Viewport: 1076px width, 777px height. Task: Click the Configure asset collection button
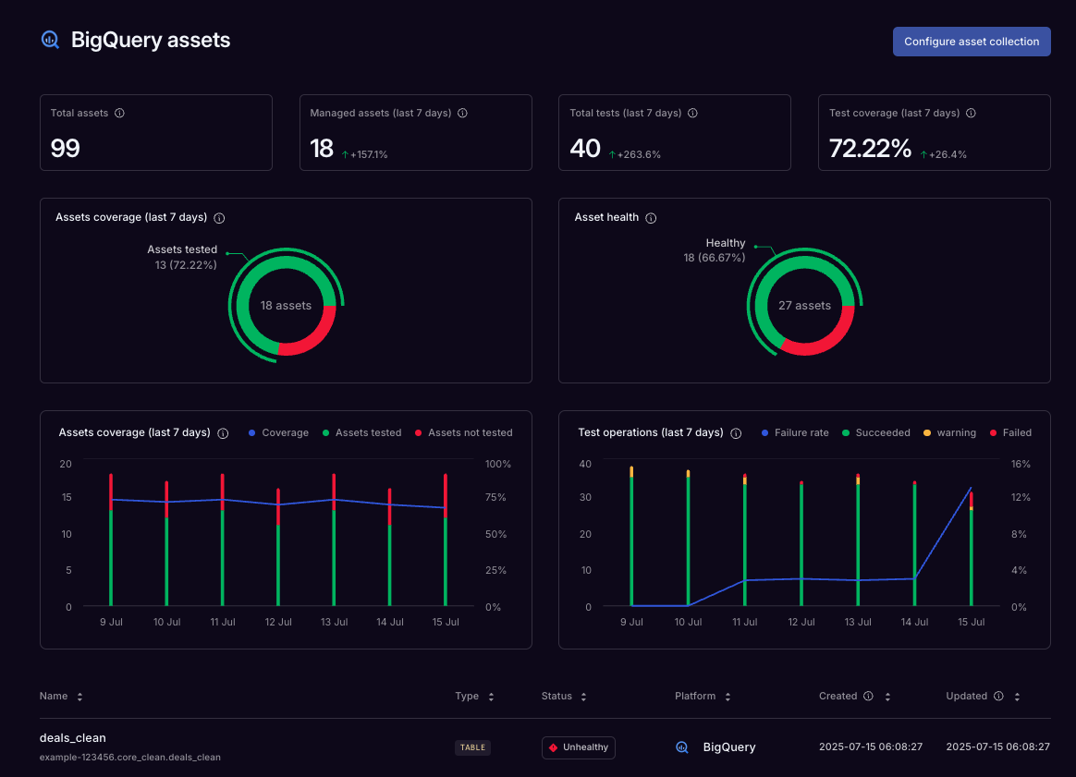tap(972, 42)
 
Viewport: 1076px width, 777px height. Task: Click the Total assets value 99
tap(66, 148)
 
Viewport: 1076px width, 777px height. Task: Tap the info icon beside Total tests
tap(692, 113)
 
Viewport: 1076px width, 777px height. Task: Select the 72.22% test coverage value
tap(870, 148)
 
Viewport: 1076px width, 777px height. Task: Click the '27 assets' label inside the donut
tap(804, 306)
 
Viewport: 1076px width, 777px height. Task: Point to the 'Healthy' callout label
tap(726, 243)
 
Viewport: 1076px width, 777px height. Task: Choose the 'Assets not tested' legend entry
tap(470, 432)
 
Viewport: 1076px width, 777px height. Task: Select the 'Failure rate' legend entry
tap(801, 432)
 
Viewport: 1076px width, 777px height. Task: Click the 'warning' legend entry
tap(956, 432)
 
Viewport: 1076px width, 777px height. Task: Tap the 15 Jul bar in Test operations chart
tap(971, 554)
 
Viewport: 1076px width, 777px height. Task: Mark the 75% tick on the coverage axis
tap(495, 497)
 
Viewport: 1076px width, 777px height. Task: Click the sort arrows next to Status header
tap(584, 697)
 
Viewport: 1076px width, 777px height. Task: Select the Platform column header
tap(695, 696)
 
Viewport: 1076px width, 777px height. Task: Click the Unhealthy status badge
tap(579, 747)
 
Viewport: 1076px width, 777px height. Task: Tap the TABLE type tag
tap(472, 747)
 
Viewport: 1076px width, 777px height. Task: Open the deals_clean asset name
tap(73, 737)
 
